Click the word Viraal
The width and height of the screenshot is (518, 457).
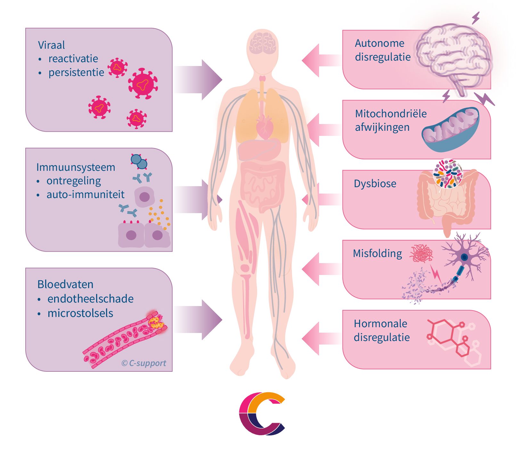pos(51,45)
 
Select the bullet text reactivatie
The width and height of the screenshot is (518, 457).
pos(73,59)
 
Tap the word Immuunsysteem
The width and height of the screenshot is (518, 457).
pos(76,167)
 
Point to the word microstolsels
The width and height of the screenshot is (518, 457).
pos(80,313)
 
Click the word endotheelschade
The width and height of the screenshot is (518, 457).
pos(90,299)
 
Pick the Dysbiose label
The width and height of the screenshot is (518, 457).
pos(375,184)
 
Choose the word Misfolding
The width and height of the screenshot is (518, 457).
pos(377,253)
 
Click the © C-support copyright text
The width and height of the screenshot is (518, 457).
pos(144,363)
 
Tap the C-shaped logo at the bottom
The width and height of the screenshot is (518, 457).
pos(262,413)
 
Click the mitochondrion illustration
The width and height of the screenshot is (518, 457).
pos(450,129)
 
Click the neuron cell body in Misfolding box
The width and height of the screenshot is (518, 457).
pos(464,257)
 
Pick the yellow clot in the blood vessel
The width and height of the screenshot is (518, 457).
pos(156,322)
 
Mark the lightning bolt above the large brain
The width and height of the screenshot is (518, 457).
pos(476,18)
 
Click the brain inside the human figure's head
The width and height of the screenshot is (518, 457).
pos(263,43)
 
